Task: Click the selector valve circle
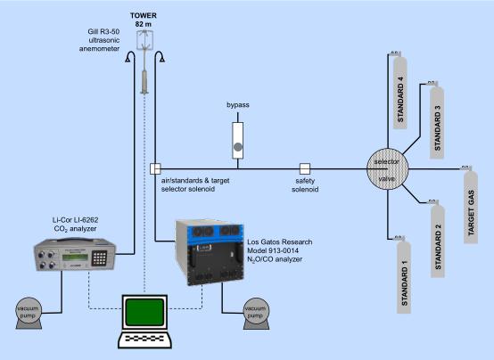coord(388,169)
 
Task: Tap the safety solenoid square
coord(305,168)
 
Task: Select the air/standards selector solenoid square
coord(155,168)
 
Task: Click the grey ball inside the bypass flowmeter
coord(238,147)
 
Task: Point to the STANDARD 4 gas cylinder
coord(400,92)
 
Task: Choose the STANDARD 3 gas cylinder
coord(437,122)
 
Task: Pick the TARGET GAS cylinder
coord(471,207)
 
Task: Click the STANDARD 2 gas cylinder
coord(438,241)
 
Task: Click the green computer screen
coord(144,312)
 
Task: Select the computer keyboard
coord(145,340)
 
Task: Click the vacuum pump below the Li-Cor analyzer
coord(29,313)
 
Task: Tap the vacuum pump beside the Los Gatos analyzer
coord(256,314)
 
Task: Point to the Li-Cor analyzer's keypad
coord(99,258)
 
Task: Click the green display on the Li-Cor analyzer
coord(75,258)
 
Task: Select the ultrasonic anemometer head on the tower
coord(144,40)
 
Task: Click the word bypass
coord(238,105)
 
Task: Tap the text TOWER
coord(144,15)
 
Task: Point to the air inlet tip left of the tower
coord(128,59)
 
